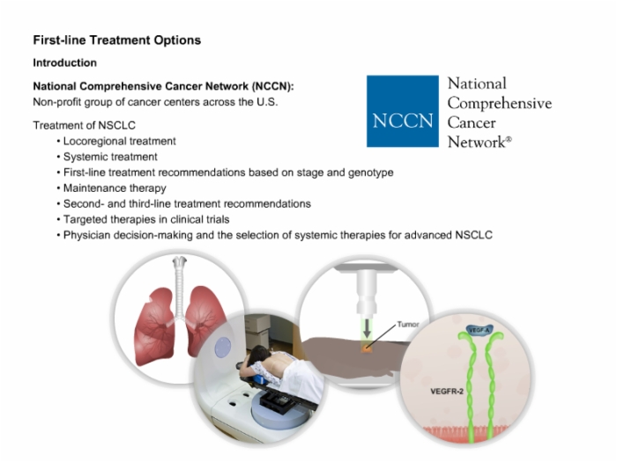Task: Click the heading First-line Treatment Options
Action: (x=117, y=40)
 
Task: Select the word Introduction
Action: (x=65, y=62)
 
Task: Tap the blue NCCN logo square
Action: (x=403, y=111)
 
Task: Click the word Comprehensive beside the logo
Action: (x=500, y=103)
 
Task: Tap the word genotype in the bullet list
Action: (x=370, y=172)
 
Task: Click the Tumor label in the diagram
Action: (x=408, y=324)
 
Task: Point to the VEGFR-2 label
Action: (x=447, y=392)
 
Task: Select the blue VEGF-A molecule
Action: (x=479, y=330)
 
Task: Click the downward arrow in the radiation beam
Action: (x=367, y=328)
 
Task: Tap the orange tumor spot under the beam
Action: (x=367, y=348)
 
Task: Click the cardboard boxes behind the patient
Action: (x=257, y=331)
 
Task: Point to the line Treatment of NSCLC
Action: (x=85, y=125)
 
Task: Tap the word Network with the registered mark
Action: (x=479, y=142)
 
